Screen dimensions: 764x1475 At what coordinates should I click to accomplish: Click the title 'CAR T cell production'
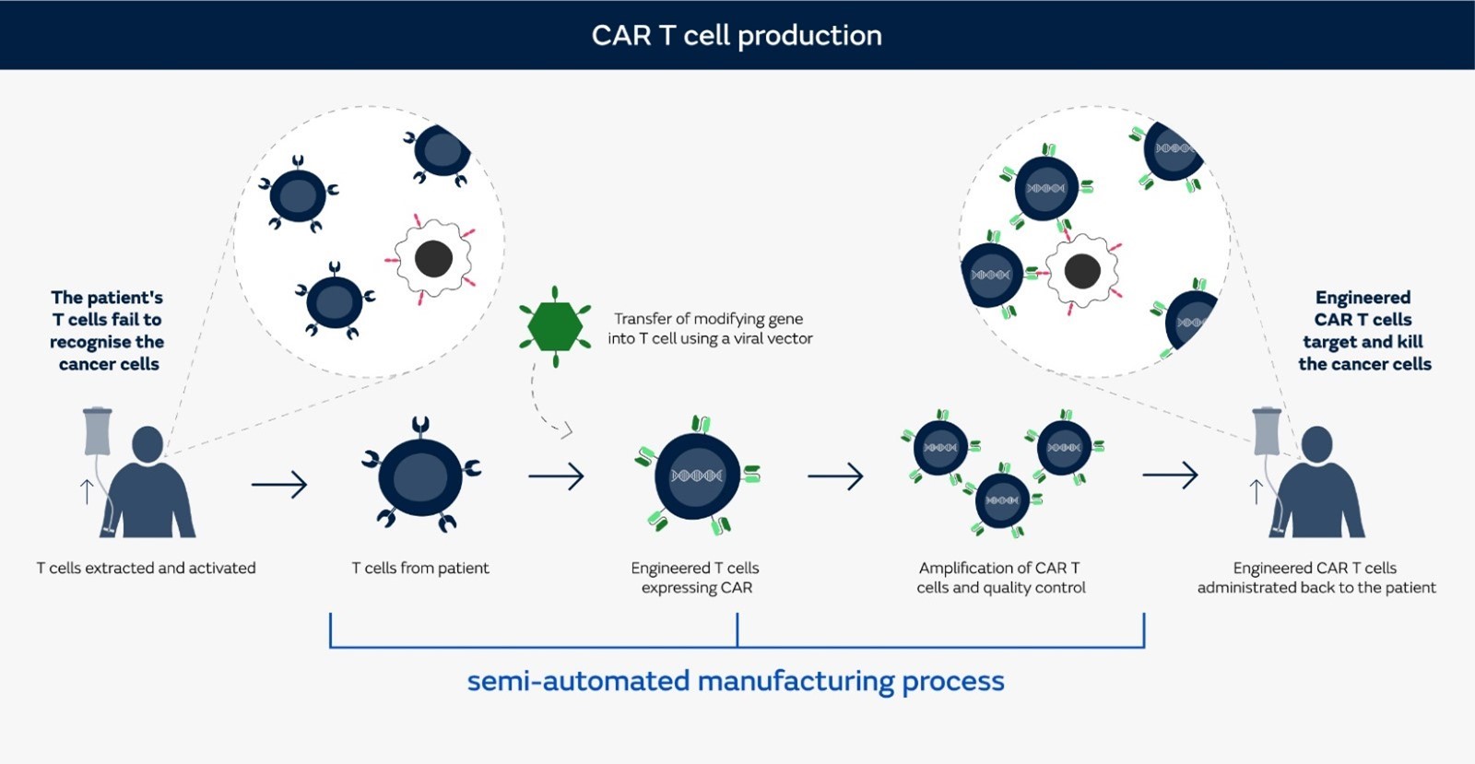737,35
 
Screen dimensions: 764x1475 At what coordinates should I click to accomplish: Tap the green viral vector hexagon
554,326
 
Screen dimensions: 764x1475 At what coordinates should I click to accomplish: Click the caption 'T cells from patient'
420,568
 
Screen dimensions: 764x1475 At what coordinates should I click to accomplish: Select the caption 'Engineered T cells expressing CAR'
696,578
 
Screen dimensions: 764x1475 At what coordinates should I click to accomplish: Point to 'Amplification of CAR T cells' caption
1000,578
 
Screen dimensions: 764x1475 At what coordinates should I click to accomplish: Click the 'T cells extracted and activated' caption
146,568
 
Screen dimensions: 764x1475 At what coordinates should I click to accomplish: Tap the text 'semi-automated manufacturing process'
735,681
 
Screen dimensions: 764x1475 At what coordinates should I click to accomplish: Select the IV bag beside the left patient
97,431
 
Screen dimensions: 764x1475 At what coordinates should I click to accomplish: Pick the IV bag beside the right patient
1267,431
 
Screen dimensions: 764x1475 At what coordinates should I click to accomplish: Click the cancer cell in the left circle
433,259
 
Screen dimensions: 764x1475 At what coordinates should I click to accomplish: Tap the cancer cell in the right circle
1082,271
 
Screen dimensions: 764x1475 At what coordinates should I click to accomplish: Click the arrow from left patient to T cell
279,484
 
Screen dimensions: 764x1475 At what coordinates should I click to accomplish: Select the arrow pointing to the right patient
1170,476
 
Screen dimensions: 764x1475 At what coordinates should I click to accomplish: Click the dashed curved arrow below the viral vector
544,406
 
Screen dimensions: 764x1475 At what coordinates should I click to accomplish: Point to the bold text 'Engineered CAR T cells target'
1364,330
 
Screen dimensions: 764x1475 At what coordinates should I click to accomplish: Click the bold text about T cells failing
107,330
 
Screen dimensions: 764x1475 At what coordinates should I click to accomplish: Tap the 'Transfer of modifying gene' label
709,328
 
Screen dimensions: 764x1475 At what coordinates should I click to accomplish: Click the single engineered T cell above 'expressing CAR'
697,476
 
